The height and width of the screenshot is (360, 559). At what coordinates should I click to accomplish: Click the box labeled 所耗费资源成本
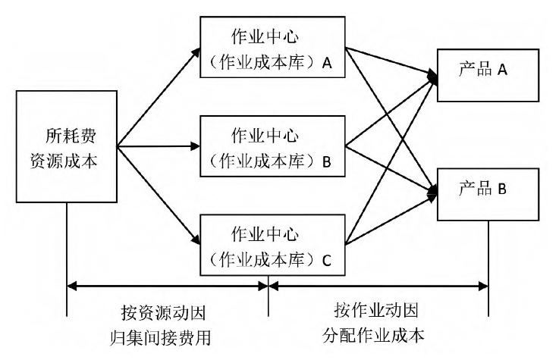67,147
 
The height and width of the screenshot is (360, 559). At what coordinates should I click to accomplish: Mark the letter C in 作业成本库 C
327,260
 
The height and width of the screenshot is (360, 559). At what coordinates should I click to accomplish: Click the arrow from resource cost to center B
159,147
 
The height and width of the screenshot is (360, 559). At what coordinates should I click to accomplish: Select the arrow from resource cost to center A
159,98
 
